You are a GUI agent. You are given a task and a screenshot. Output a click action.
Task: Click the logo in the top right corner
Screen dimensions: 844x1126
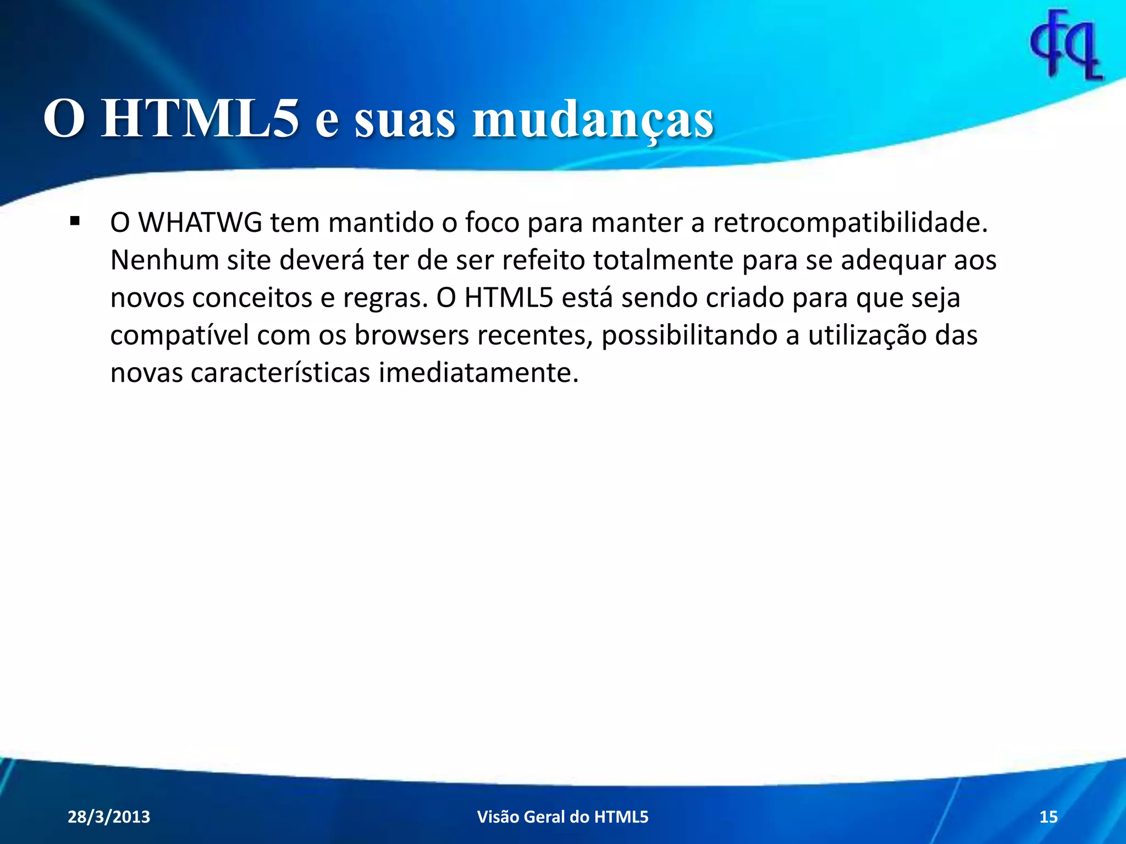point(1066,45)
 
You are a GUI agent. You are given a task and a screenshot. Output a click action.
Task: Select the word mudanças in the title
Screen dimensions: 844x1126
point(593,120)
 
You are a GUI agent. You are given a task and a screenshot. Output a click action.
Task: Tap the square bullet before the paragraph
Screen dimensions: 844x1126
point(75,222)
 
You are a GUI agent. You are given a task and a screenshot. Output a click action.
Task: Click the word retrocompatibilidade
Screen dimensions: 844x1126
point(850,223)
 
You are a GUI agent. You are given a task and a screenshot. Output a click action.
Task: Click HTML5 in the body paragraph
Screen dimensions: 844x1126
point(509,298)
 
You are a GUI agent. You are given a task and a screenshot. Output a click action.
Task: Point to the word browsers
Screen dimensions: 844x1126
point(411,335)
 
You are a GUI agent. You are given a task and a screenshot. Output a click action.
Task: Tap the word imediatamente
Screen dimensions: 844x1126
point(478,373)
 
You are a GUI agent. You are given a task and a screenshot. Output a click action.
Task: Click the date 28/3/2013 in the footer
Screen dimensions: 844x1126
point(109,817)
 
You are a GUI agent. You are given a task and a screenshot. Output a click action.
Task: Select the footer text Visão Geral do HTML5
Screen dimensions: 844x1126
point(562,817)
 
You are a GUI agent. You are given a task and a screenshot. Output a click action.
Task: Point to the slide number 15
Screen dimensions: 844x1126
point(1048,817)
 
